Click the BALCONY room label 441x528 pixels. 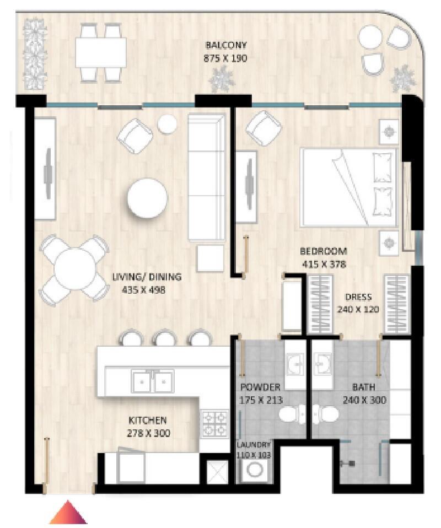tap(226, 45)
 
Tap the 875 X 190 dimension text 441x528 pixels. tap(225, 58)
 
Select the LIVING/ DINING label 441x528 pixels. tap(147, 277)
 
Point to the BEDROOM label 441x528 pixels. tap(324, 251)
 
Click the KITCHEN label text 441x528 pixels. tap(148, 420)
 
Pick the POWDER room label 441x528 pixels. tap(260, 387)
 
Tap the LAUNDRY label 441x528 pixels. tap(254, 445)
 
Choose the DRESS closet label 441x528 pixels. tap(358, 297)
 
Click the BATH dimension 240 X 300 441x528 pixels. tap(364, 400)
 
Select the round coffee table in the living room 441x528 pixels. tap(147, 198)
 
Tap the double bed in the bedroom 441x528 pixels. tap(349, 187)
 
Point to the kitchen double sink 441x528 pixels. tap(153, 381)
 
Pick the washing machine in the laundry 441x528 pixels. tap(254, 470)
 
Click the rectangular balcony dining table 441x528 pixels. tap(101, 52)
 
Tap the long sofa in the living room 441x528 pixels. tap(207, 177)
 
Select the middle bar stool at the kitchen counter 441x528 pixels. tap(165, 338)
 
